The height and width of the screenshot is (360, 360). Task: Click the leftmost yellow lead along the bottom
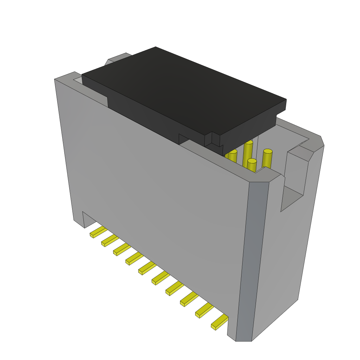tap(98, 232)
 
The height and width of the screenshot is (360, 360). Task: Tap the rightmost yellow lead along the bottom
tap(219, 322)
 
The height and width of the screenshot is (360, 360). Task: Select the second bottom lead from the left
tap(109, 241)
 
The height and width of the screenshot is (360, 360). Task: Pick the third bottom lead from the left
tap(122, 250)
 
